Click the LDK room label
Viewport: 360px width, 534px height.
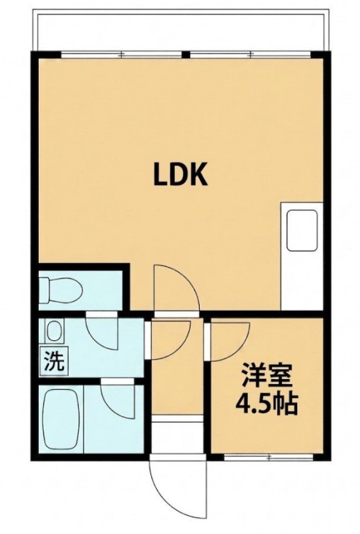click(180, 174)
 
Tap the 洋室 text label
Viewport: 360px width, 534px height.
click(267, 375)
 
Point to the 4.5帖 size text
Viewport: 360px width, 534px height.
click(267, 404)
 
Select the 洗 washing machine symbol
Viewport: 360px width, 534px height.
click(55, 361)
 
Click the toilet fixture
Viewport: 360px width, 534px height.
click(61, 290)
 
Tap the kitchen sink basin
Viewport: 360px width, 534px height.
click(303, 230)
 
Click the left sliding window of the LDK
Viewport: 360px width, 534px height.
click(122, 54)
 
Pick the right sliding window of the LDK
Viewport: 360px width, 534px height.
click(250, 54)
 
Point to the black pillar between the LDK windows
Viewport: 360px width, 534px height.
click(186, 54)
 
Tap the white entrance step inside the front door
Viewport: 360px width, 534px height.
click(177, 435)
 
